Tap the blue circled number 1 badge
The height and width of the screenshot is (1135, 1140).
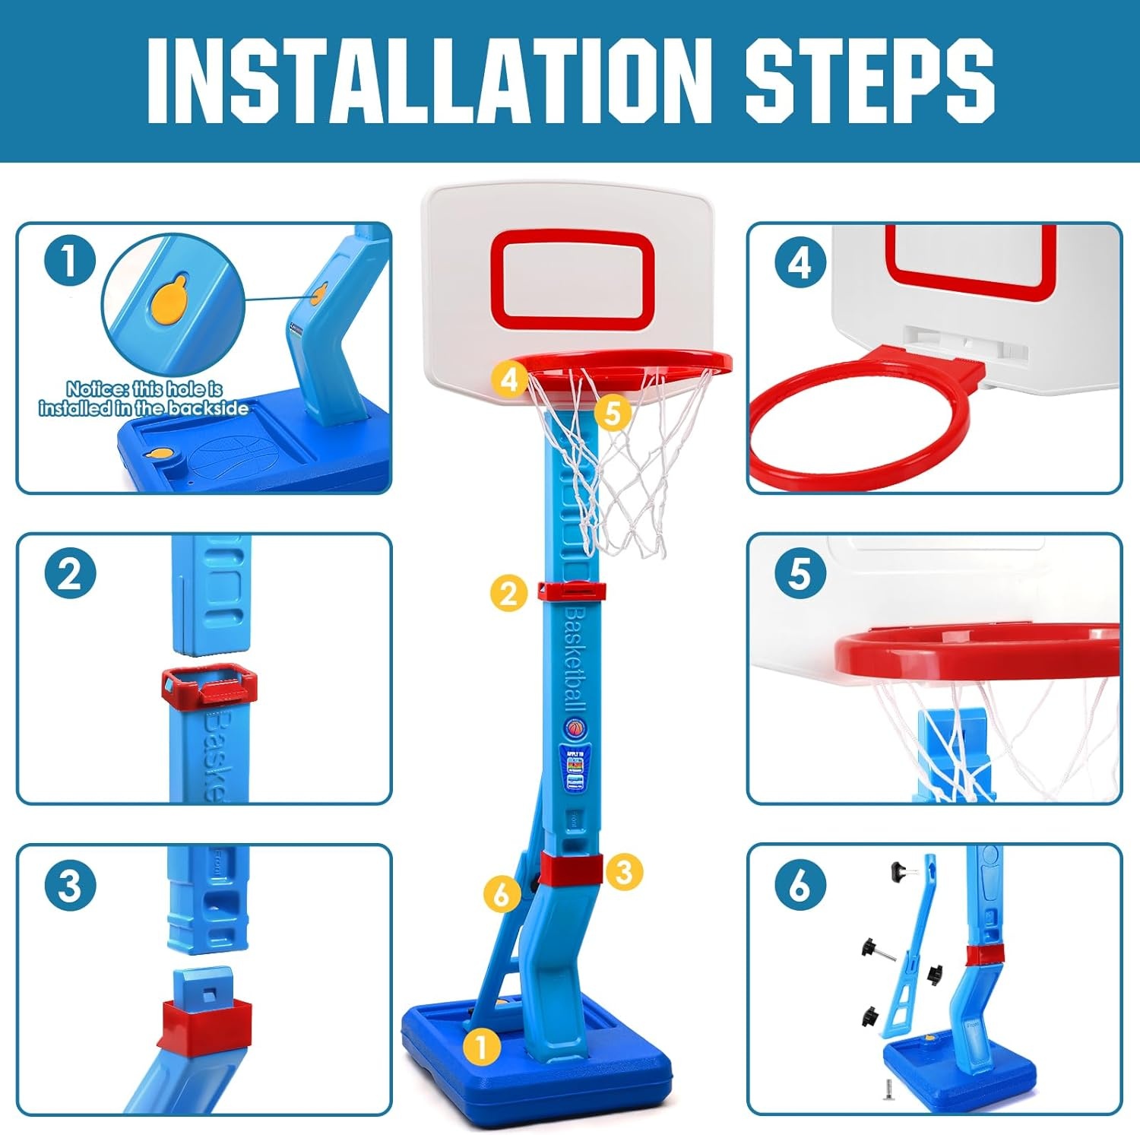(69, 261)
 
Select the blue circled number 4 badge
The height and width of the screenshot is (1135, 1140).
(800, 263)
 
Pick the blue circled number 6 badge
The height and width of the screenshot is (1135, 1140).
(800, 886)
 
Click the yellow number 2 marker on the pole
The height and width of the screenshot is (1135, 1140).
(508, 592)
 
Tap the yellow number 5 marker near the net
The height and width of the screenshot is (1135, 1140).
(613, 413)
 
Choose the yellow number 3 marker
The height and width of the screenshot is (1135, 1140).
(624, 871)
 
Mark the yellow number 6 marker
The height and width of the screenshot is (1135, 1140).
(502, 894)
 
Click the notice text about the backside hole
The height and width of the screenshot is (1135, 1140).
(144, 399)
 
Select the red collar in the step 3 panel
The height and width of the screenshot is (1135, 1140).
(204, 1022)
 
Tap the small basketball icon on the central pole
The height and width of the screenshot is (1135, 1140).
(576, 728)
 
